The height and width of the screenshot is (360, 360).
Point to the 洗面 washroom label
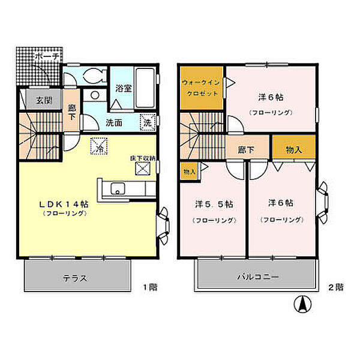pyautogui.click(x=114, y=122)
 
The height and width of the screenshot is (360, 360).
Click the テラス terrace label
pyautogui.click(x=76, y=278)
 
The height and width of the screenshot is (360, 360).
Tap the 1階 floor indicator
pyautogui.click(x=151, y=287)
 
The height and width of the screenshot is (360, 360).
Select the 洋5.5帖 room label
pyautogui.click(x=213, y=204)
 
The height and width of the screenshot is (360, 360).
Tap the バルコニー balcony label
pyautogui.click(x=257, y=278)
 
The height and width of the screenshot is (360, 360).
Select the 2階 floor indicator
pyautogui.click(x=336, y=287)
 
